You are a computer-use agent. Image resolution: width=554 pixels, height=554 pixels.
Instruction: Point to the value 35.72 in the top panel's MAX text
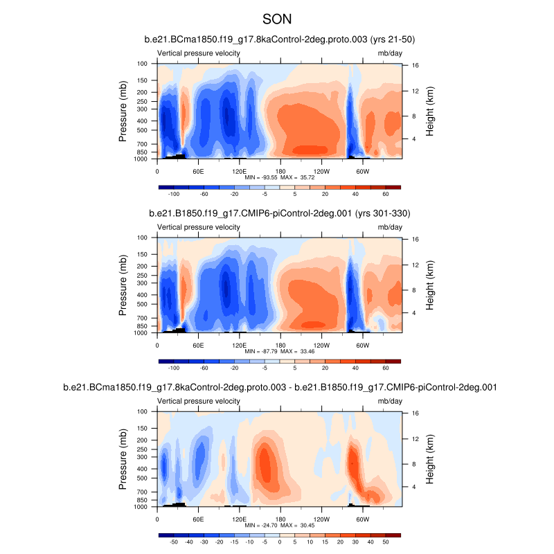[305, 177]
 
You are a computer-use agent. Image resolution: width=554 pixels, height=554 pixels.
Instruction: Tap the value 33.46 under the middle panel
[305, 351]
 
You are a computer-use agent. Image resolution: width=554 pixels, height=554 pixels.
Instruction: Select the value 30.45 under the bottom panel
[305, 525]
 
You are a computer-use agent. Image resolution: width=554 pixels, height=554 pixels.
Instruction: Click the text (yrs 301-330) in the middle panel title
[382, 213]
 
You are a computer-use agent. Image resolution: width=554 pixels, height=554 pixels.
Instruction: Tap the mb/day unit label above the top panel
[389, 53]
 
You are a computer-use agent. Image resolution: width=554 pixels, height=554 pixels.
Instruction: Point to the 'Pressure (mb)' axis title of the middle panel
[123, 285]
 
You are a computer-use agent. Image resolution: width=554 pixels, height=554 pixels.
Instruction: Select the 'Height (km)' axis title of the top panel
[430, 111]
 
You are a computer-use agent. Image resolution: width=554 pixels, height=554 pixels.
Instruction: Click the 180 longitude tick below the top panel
[280, 171]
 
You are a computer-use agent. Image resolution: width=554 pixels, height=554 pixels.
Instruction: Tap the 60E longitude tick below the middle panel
[199, 345]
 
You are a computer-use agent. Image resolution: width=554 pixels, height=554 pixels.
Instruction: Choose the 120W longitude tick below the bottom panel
[321, 519]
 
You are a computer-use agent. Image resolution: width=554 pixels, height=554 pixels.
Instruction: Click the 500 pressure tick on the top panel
[143, 130]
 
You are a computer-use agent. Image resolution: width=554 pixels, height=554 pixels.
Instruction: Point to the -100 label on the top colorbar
[174, 195]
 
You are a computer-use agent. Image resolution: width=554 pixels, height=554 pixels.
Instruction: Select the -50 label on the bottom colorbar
[174, 542]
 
